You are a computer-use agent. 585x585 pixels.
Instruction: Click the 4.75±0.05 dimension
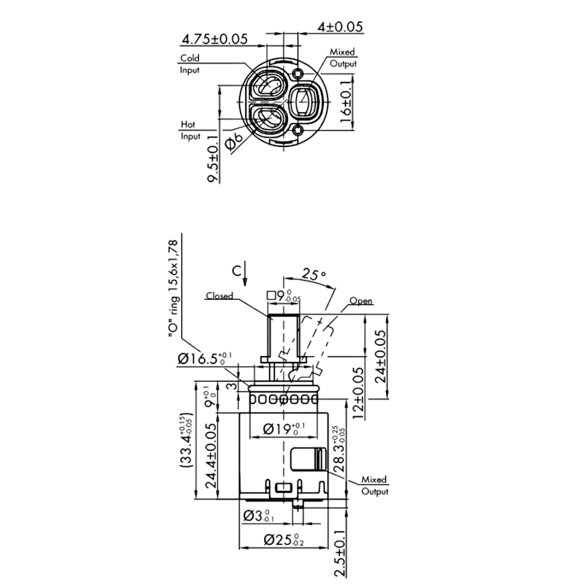click(214, 39)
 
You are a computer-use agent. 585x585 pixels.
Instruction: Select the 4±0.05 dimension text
click(340, 27)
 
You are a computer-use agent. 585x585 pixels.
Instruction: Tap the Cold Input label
click(190, 64)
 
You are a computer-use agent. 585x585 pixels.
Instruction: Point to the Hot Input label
click(190, 130)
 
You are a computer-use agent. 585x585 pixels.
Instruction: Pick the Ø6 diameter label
click(234, 142)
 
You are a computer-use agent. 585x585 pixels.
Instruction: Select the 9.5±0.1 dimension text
click(213, 159)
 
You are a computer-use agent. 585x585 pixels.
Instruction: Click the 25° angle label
click(314, 274)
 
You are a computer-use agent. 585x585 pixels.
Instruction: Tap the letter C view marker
click(236, 271)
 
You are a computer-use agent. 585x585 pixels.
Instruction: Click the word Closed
click(219, 296)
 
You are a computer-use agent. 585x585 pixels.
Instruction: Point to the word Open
click(361, 301)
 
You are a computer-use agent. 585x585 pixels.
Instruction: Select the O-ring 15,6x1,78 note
click(173, 289)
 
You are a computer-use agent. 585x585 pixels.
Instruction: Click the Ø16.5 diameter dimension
click(205, 358)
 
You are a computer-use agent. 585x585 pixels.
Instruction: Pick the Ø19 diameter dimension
click(284, 429)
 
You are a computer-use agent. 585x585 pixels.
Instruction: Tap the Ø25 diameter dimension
click(284, 540)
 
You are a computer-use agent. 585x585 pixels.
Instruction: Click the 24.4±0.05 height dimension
click(211, 456)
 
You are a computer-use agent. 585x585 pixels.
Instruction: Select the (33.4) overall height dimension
click(186, 441)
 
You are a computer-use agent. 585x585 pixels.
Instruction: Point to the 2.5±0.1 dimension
click(340, 554)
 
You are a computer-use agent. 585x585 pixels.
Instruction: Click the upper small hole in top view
click(298, 74)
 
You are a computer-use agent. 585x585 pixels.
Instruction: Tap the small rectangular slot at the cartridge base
click(284, 487)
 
